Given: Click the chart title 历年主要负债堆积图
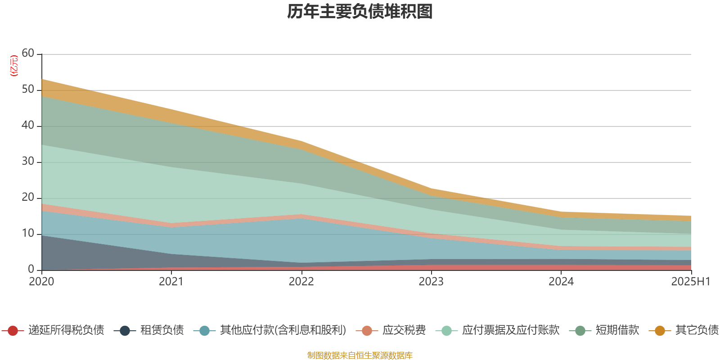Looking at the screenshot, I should pos(360,12).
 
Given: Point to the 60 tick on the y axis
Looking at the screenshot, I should pos(28,54).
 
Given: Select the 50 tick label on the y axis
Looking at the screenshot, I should pos(28,90).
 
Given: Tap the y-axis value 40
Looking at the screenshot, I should pos(28,126).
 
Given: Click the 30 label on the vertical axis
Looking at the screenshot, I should pos(28,162).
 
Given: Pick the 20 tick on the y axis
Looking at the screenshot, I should pos(28,198).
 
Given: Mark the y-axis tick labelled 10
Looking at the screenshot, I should pos(28,234).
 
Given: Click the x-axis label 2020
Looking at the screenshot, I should pos(41,282).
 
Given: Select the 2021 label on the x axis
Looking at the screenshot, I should pos(171,282).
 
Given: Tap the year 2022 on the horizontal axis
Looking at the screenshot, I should pos(301,282).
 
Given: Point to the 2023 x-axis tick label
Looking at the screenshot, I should pos(431,282).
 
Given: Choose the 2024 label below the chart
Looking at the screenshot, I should pos(561,282).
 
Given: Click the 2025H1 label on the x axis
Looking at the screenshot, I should pos(690,282).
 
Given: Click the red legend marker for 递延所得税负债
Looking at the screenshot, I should pos(13,331).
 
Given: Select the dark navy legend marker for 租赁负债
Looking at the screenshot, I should pos(125,331).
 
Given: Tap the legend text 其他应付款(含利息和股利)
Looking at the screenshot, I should pos(283,330).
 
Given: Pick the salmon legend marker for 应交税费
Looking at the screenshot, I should pos(367,331).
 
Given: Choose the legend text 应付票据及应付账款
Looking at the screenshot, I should pos(510,330).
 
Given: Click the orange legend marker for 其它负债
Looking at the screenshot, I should pos(660,331).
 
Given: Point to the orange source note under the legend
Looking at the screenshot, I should pos(360,355).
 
